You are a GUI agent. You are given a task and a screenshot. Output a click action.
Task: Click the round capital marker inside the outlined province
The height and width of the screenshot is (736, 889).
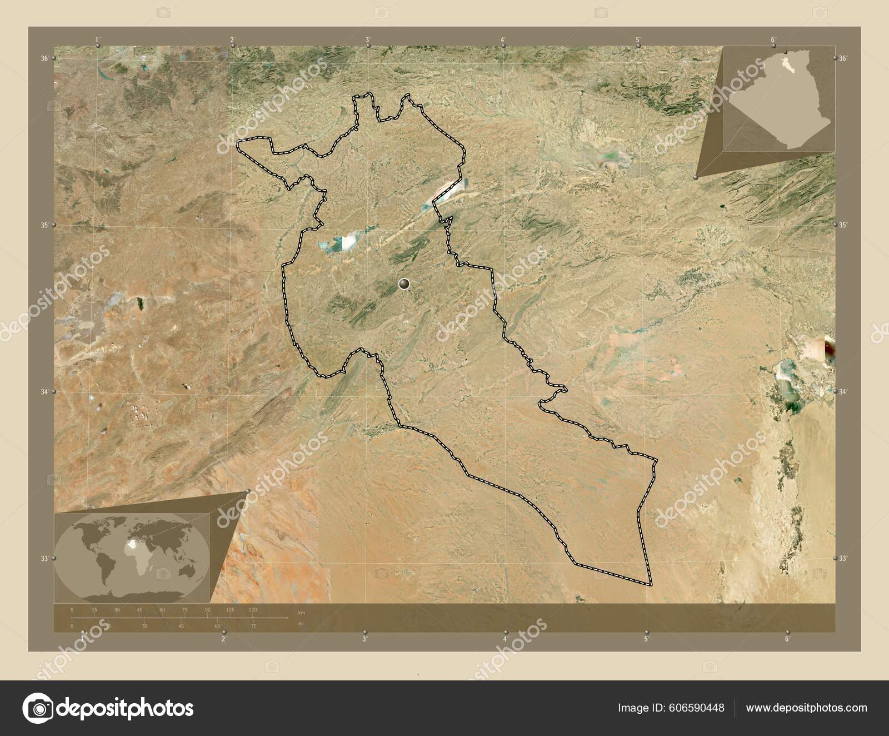(x=404, y=285)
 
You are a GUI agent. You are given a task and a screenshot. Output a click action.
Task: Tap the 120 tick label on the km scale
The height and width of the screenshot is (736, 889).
(x=253, y=610)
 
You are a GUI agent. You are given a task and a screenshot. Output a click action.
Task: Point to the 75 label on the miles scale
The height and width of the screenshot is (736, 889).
(x=253, y=626)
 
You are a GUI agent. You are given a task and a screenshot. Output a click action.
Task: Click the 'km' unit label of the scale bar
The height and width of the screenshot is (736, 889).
(x=302, y=612)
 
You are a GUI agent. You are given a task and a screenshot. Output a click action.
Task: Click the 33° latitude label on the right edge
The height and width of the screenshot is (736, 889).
(x=842, y=558)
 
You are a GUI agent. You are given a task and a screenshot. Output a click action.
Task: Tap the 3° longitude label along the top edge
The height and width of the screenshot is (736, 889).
(x=368, y=39)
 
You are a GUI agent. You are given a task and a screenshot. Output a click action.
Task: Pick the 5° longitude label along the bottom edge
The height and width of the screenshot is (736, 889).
(x=646, y=639)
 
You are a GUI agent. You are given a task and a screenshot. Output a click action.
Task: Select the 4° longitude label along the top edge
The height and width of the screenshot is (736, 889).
(x=503, y=39)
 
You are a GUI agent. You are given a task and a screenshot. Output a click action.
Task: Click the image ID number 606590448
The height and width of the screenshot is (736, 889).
(x=697, y=708)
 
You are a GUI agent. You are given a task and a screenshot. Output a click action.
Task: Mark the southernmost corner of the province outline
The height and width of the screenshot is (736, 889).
(x=650, y=585)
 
